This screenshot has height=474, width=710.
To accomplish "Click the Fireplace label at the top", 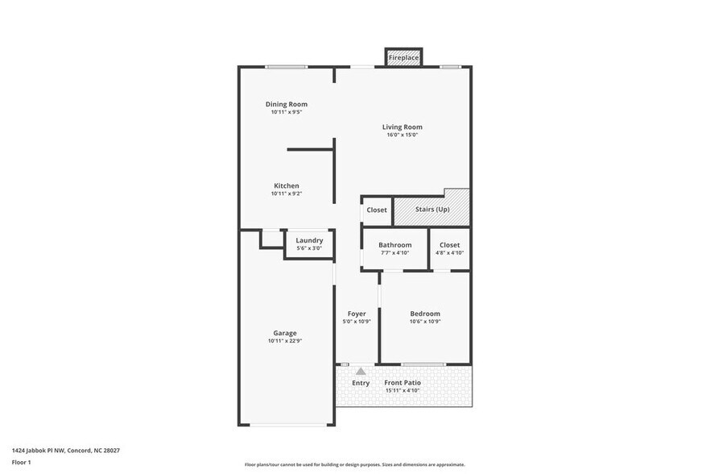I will pos(403,58).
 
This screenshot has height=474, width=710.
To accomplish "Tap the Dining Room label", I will pos(287,104).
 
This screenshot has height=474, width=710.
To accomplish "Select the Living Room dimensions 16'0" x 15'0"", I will pos(402,135).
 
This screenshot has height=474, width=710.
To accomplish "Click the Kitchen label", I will pos(287,185).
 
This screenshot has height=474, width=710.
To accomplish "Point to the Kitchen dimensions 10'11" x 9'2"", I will pos(287,193).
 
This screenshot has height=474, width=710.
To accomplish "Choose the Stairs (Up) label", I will pos(432,210).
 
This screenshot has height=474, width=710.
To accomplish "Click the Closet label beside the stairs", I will pos(377,210).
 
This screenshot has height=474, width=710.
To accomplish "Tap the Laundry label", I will pos(309,240).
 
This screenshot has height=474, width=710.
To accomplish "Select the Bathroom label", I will pos(395,245).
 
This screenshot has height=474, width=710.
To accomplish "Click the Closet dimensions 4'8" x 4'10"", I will pos(450,253).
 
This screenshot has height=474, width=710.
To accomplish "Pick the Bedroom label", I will pos(425,314).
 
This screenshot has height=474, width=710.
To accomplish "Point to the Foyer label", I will pos(357,314).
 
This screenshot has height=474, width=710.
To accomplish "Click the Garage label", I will pos(285,333).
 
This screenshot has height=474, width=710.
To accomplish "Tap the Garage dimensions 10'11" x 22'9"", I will pos(285,341).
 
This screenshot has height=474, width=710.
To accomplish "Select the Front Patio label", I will pos(402,383).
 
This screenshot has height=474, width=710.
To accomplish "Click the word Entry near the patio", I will pos(361,383).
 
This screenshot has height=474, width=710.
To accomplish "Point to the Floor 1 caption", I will pos(21,462).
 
